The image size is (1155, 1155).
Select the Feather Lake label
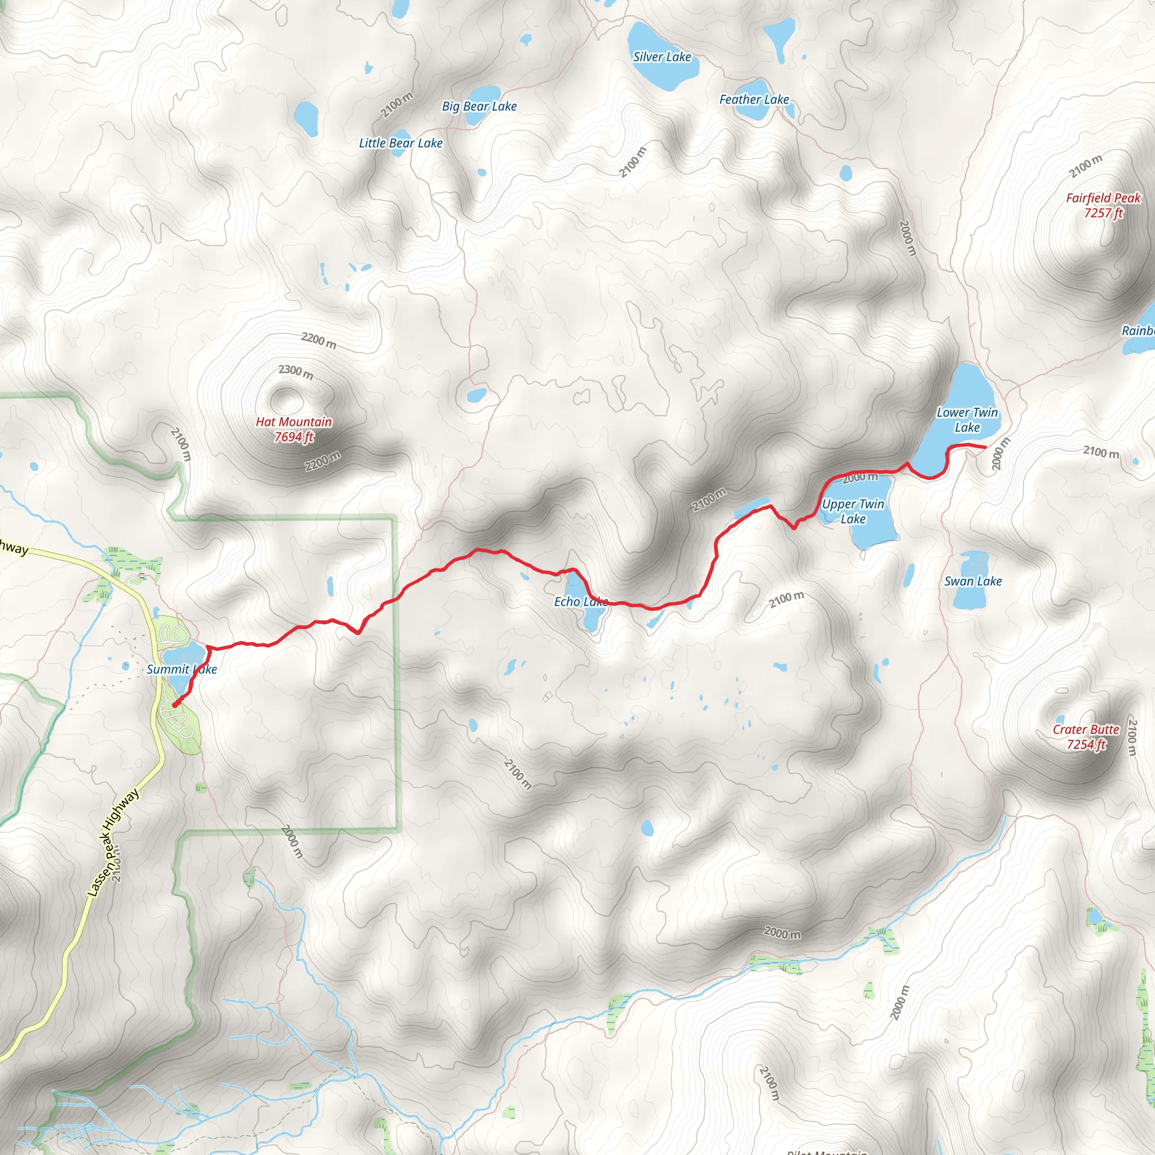(x=754, y=99)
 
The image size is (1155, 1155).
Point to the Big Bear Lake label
(x=479, y=107)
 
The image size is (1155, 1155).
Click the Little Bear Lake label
(x=400, y=143)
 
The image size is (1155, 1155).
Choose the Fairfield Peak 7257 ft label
(x=1103, y=205)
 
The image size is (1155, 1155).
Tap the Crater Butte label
(x=1086, y=737)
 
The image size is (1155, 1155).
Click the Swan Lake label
(x=973, y=581)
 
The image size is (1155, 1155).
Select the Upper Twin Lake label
(x=853, y=511)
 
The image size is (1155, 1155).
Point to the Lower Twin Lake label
(x=967, y=420)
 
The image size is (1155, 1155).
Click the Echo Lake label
(x=580, y=601)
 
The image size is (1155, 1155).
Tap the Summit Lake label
(x=182, y=669)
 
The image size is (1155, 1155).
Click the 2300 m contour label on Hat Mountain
(x=296, y=371)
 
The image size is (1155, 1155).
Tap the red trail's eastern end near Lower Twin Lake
(x=985, y=447)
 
